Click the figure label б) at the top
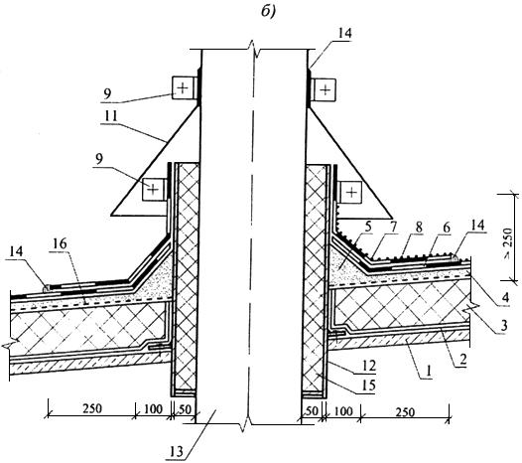(268, 12)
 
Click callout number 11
(110, 116)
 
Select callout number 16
(60, 243)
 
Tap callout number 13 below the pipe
(176, 452)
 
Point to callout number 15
(368, 386)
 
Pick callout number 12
(368, 366)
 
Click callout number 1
(429, 370)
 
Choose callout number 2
(462, 360)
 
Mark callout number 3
(504, 325)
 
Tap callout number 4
(505, 297)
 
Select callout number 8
(419, 228)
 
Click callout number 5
(367, 227)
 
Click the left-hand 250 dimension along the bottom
(92, 408)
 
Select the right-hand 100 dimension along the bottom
(343, 411)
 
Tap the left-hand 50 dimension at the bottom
(186, 409)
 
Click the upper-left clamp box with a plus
(182, 87)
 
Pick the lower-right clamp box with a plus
(351, 192)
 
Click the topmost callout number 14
(344, 33)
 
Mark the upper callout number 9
(107, 94)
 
